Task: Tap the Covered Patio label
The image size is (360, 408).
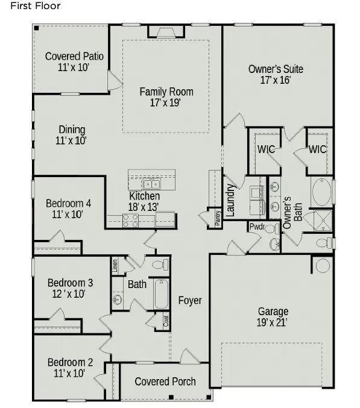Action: pyautogui.click(x=74, y=62)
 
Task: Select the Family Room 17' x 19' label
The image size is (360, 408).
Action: pyautogui.click(x=166, y=97)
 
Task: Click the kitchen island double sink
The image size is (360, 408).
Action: pyautogui.click(x=151, y=184)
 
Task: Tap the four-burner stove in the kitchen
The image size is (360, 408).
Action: pyautogui.click(x=130, y=221)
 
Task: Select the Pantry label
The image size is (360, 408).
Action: pyautogui.click(x=217, y=219)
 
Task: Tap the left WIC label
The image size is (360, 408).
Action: pyautogui.click(x=266, y=149)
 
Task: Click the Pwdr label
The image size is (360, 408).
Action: pyautogui.click(x=257, y=227)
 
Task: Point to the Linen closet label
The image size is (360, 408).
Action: pyautogui.click(x=115, y=265)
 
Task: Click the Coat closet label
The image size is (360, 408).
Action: pyautogui.click(x=166, y=321)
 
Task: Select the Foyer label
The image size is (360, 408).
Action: pyautogui.click(x=190, y=300)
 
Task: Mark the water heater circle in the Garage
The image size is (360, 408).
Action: pyautogui.click(x=323, y=265)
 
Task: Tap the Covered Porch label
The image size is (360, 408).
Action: pyautogui.click(x=165, y=381)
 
